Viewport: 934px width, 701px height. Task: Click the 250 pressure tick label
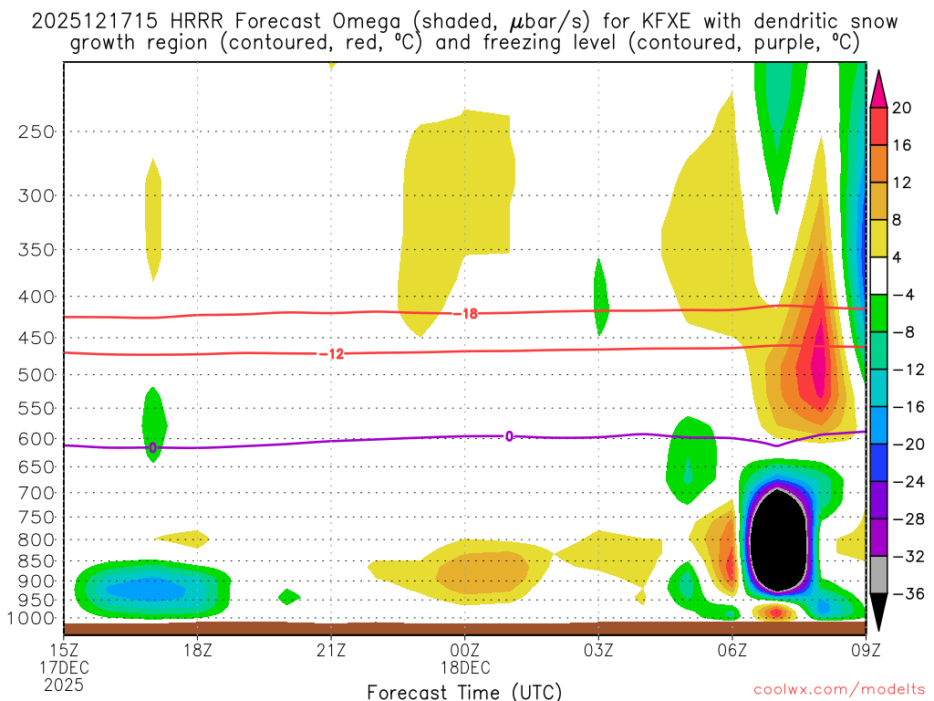click(x=36, y=131)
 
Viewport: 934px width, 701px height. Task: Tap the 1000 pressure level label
click(x=33, y=619)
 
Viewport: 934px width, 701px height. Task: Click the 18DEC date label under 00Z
click(x=465, y=666)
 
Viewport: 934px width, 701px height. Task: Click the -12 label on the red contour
click(x=332, y=354)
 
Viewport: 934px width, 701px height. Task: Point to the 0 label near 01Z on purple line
click(x=509, y=436)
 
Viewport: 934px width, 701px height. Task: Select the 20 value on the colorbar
click(x=902, y=108)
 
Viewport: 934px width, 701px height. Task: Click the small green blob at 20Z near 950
click(x=288, y=597)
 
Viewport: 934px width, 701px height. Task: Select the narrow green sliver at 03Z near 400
click(x=600, y=297)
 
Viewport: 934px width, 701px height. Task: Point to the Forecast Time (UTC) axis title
click(x=464, y=691)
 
